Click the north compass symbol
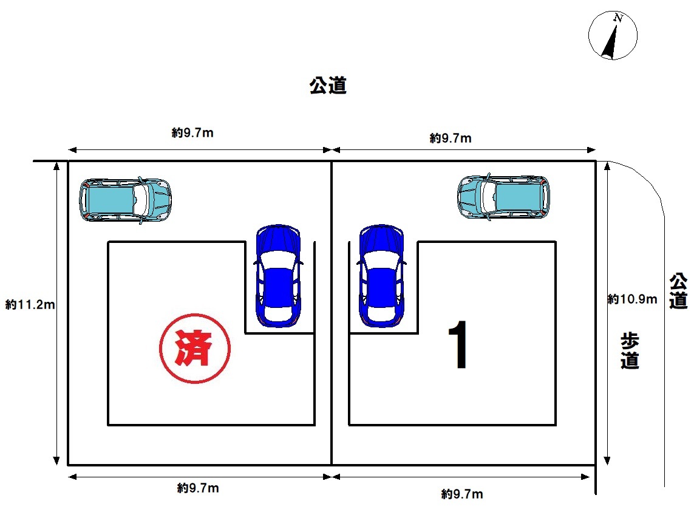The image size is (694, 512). pyautogui.click(x=613, y=35)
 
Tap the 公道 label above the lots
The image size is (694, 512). pyautogui.click(x=328, y=86)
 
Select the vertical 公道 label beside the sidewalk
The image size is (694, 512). pyautogui.click(x=678, y=291)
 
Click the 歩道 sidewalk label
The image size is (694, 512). pyautogui.click(x=630, y=351)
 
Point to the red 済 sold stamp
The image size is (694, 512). pyautogui.click(x=195, y=348)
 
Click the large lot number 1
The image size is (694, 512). pyautogui.click(x=458, y=344)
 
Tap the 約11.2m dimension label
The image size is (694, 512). pyautogui.click(x=30, y=305)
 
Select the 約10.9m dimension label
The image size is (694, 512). pyautogui.click(x=632, y=299)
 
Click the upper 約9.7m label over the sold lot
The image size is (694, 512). pyautogui.click(x=192, y=132)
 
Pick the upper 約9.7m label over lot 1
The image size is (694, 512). pyautogui.click(x=451, y=138)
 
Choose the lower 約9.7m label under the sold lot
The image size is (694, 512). pyautogui.click(x=198, y=488)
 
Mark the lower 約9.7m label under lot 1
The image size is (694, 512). pyautogui.click(x=462, y=494)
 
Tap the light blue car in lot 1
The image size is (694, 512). pyautogui.click(x=503, y=197)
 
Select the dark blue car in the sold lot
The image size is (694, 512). pyautogui.click(x=278, y=276)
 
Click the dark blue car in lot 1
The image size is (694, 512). pyautogui.click(x=381, y=276)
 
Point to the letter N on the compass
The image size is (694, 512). pyautogui.click(x=618, y=18)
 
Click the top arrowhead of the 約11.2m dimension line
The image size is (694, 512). pyautogui.click(x=56, y=166)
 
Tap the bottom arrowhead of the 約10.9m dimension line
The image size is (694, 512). pyautogui.click(x=607, y=460)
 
